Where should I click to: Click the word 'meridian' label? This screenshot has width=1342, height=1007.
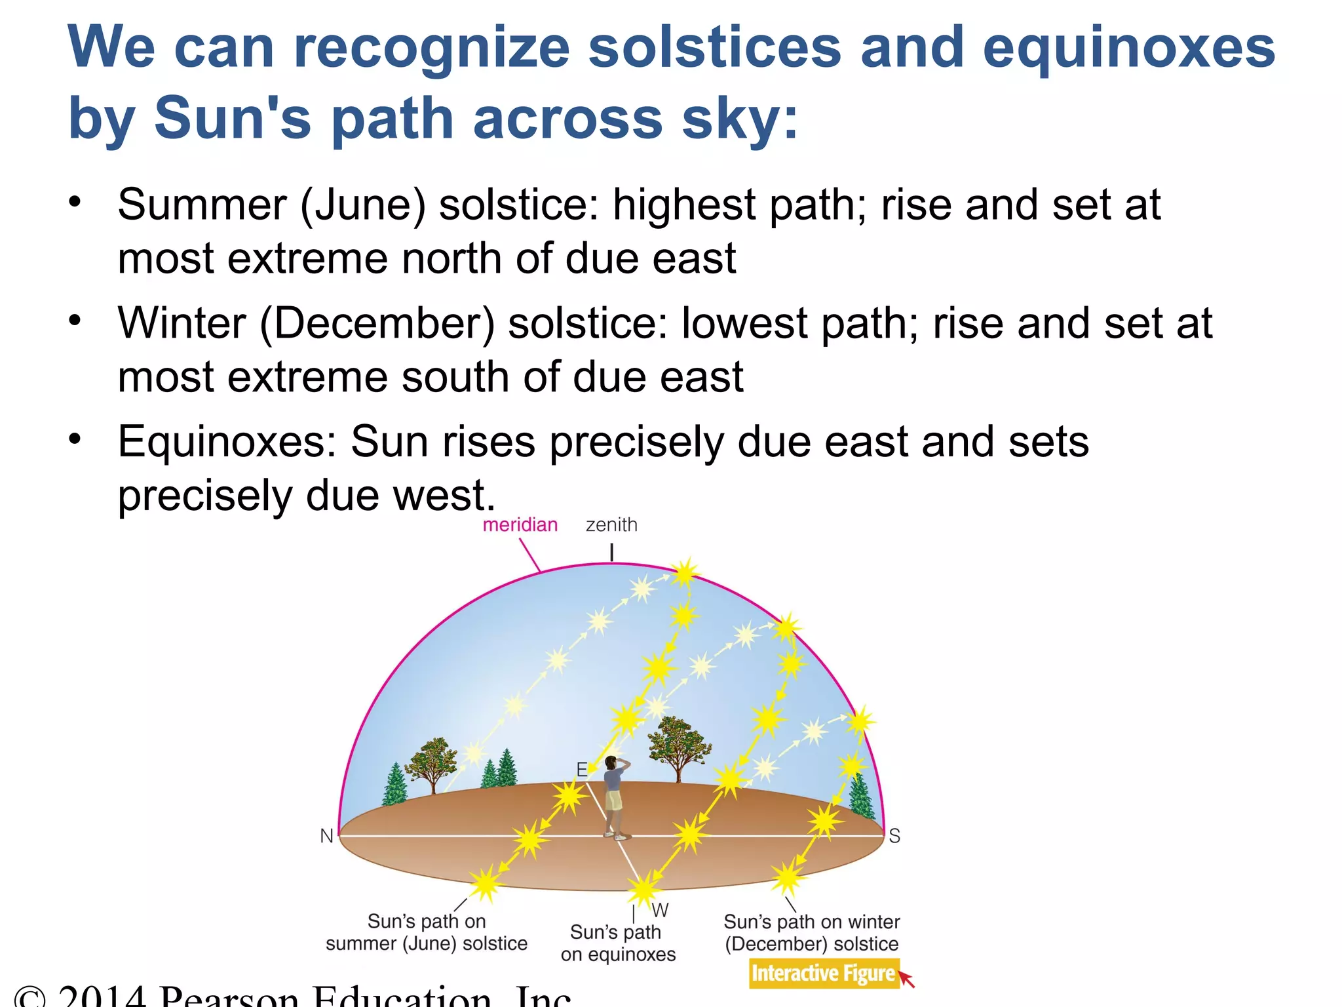[x=520, y=525]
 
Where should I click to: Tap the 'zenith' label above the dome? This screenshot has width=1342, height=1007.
[x=611, y=525]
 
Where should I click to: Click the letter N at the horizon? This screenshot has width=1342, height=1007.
[x=326, y=836]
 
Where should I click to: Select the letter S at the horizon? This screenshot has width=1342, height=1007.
[x=894, y=836]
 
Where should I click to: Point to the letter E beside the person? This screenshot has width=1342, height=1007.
[x=581, y=769]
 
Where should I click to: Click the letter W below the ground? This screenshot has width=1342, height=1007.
[x=660, y=910]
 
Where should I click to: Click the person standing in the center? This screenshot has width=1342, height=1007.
[x=615, y=797]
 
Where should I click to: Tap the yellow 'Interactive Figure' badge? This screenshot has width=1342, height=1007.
[x=823, y=974]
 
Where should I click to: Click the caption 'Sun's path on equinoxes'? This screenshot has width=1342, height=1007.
[x=617, y=943]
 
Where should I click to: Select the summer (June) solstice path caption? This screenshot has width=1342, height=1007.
[x=427, y=932]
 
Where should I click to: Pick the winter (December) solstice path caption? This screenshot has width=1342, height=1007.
[x=811, y=932]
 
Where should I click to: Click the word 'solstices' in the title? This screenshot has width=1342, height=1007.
[x=714, y=47]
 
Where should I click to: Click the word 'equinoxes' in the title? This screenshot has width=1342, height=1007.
[x=1128, y=47]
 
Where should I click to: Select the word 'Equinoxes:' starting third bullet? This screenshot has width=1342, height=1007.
[x=227, y=441]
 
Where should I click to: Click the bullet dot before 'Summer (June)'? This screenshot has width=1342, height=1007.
[x=75, y=201]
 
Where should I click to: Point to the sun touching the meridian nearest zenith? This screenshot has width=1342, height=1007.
[x=685, y=574]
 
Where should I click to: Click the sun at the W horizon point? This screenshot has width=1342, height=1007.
[x=643, y=890]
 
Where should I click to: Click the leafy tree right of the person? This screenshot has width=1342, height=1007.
[x=678, y=747]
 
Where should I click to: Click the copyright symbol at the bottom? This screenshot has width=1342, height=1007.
[x=29, y=997]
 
